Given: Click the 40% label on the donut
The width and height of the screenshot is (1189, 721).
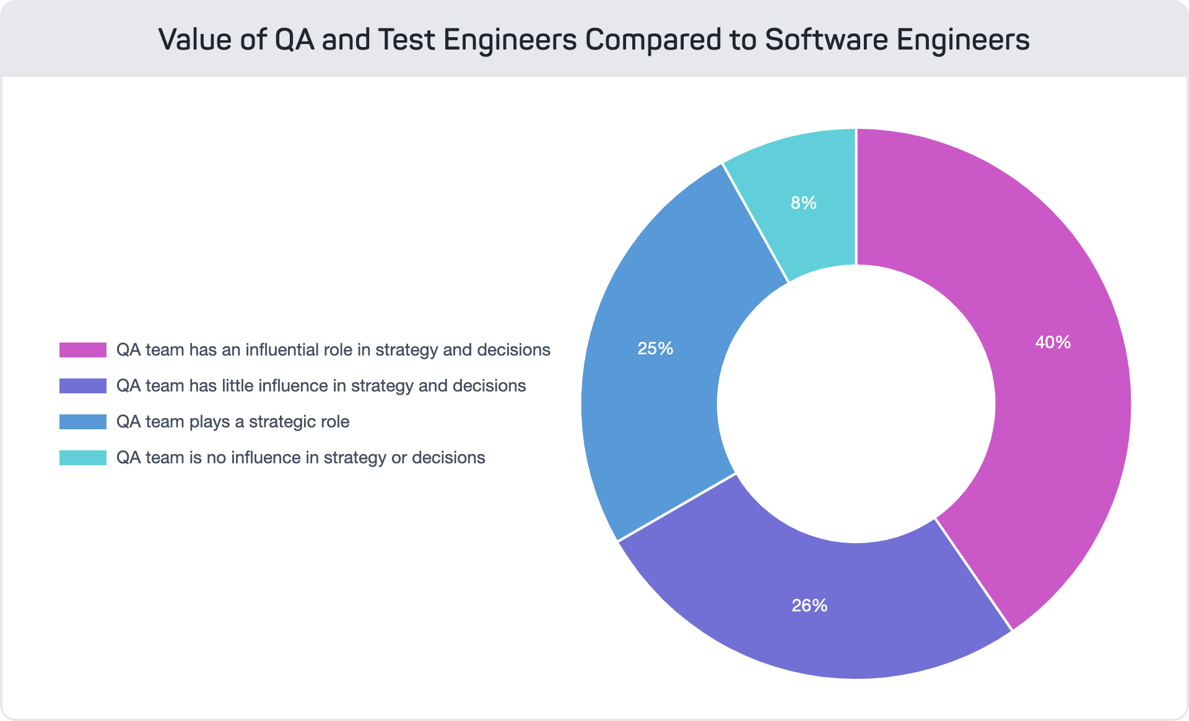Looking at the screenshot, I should (x=1053, y=343).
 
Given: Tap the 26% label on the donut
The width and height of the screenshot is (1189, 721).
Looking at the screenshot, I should (x=809, y=606).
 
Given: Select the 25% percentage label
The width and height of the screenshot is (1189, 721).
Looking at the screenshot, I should (x=655, y=349).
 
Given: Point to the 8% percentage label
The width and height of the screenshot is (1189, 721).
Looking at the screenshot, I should (x=803, y=203).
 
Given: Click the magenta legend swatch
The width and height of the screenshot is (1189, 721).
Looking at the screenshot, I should (x=83, y=350).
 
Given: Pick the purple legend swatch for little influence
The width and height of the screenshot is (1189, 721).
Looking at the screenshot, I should (x=83, y=386).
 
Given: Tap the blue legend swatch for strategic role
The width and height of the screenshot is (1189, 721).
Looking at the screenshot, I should (x=83, y=422).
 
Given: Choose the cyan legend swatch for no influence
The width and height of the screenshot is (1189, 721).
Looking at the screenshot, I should (x=83, y=458).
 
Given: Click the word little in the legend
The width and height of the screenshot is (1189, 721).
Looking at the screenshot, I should (x=238, y=386).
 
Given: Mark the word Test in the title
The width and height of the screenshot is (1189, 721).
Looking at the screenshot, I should (x=406, y=40).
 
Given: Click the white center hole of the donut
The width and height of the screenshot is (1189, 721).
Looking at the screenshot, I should (x=856, y=403).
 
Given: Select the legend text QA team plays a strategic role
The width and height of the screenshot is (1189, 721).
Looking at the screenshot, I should (x=233, y=422).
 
